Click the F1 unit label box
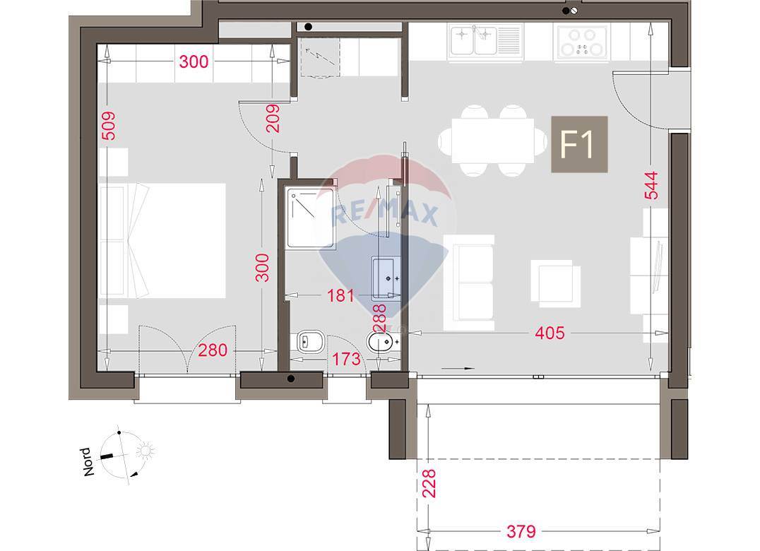point(579,144)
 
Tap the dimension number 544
point(651,185)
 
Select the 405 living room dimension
point(550,333)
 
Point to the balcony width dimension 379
point(521,532)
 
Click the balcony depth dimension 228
point(429,483)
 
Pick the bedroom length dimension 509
point(109,126)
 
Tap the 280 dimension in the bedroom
point(213,350)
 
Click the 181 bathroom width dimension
point(340,295)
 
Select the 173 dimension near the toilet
point(347,359)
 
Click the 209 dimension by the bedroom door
point(273,119)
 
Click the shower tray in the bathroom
point(311,218)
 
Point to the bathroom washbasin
point(386,278)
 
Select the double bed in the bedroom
point(163,240)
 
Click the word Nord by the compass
point(86,462)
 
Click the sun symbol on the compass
point(145,451)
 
